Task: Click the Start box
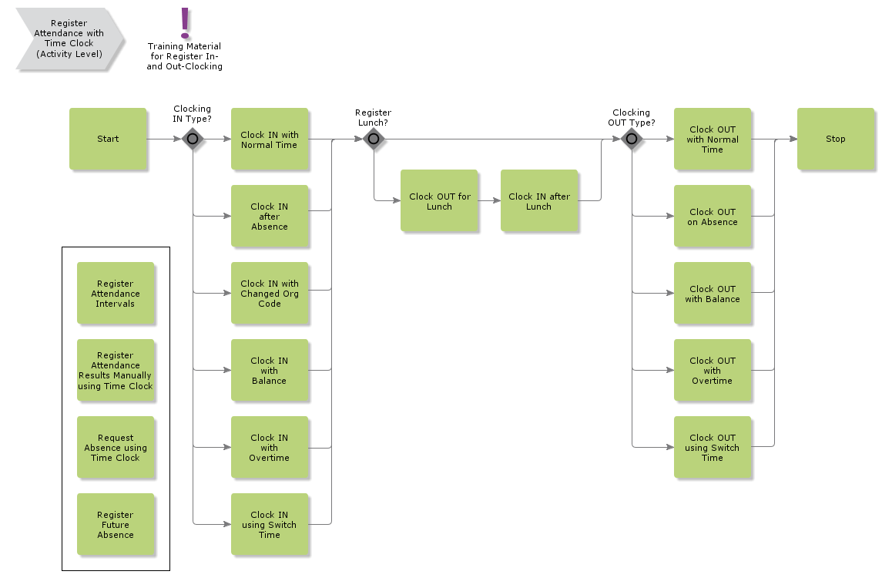(108, 139)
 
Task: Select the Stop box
(835, 139)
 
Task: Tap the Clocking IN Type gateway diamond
(193, 139)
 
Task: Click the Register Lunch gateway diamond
(374, 139)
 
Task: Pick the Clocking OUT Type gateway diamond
(632, 139)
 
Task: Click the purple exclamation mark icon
(185, 23)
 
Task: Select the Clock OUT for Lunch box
(439, 200)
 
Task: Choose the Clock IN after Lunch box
(538, 200)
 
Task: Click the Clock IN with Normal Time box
(270, 139)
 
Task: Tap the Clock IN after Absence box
(270, 216)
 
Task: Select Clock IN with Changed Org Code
(270, 293)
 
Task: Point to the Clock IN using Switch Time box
(270, 524)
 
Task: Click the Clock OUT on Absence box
(713, 216)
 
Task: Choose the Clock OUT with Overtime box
(713, 370)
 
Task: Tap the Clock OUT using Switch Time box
(713, 447)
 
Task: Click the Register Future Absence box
(116, 524)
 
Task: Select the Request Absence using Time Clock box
(116, 447)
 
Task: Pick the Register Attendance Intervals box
(116, 293)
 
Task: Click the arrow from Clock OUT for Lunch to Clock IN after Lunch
(489, 200)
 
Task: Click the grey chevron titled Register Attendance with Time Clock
(69, 39)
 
